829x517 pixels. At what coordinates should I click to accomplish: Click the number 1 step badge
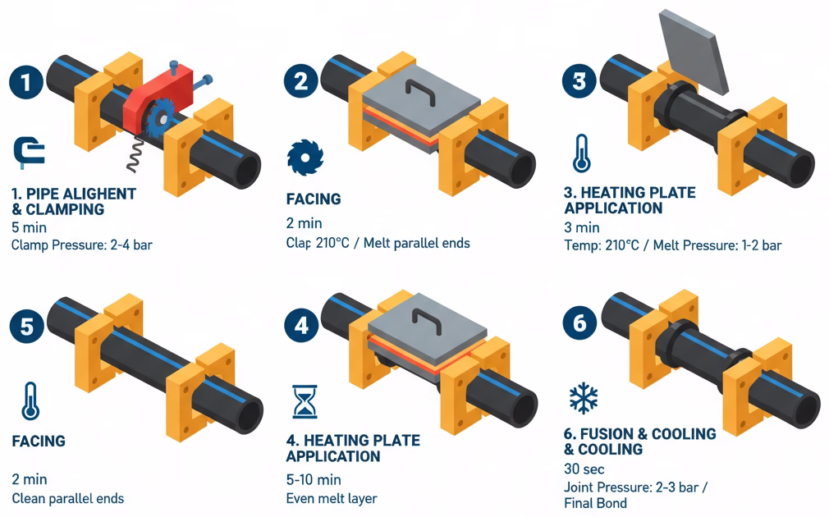point(26,81)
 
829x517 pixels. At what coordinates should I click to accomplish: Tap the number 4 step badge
point(301,325)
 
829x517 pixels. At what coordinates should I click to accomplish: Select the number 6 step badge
point(579,323)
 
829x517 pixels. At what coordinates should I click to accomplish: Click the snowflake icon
point(583,399)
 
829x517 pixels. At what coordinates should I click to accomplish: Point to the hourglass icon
point(305,402)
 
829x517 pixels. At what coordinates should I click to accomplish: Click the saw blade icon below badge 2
point(305,158)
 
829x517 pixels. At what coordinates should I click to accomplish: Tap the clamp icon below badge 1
point(29,153)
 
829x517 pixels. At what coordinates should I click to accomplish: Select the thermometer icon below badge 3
point(582,153)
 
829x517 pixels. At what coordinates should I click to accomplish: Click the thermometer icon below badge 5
point(30,401)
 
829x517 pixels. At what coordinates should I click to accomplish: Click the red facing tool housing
point(158,95)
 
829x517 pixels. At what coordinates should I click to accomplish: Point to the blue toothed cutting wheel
point(160,118)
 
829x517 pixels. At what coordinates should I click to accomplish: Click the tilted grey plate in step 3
point(693,51)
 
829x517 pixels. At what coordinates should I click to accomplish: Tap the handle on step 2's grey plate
point(420,92)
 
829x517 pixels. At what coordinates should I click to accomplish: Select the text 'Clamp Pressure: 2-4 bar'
point(82,245)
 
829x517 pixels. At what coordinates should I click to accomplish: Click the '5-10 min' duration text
point(314,479)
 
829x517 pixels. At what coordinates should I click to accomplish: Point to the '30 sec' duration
point(584,469)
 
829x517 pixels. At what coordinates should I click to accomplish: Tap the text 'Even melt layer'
point(332,498)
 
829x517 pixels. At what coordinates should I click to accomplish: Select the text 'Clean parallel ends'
point(67,498)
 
